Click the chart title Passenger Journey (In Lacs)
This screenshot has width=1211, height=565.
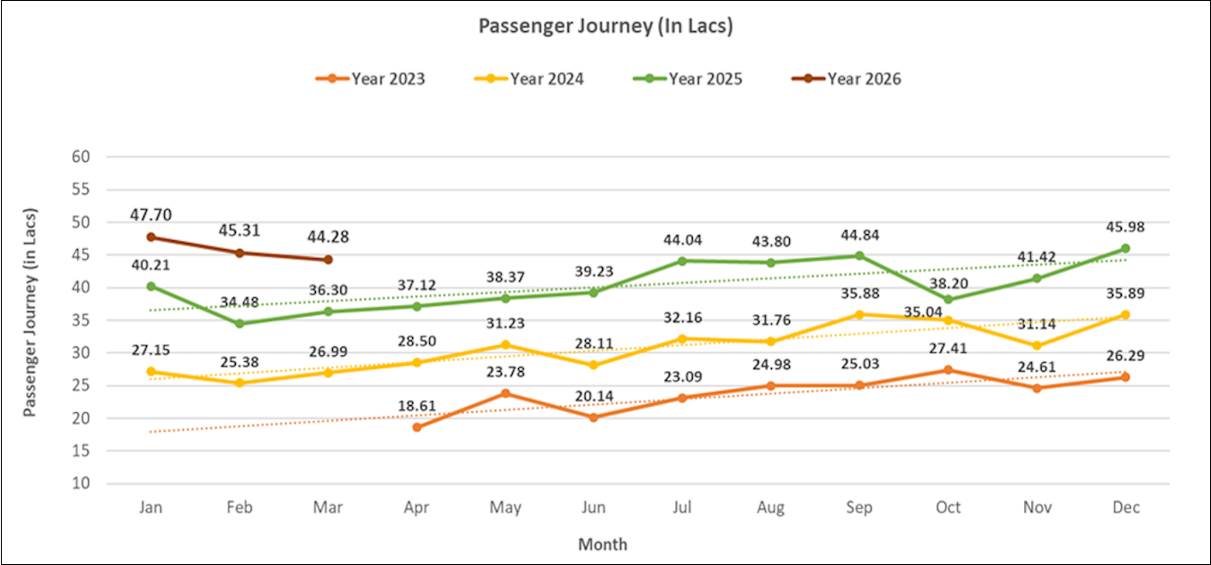pyautogui.click(x=605, y=26)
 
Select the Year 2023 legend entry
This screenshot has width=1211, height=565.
pyautogui.click(x=370, y=79)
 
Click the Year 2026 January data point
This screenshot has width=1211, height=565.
pyautogui.click(x=151, y=237)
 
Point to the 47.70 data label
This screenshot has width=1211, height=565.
pyautogui.click(x=151, y=214)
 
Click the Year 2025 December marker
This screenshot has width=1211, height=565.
pyautogui.click(x=1126, y=248)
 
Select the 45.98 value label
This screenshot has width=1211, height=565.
pyautogui.click(x=1126, y=227)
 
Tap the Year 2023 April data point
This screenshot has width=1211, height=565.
pyautogui.click(x=417, y=427)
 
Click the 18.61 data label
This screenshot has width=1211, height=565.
pyautogui.click(x=417, y=406)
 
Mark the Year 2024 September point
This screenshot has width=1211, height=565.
pyautogui.click(x=859, y=314)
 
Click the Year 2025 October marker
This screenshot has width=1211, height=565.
pyautogui.click(x=948, y=299)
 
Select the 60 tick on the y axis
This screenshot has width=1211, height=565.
pyautogui.click(x=82, y=157)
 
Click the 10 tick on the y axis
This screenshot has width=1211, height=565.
pyautogui.click(x=82, y=483)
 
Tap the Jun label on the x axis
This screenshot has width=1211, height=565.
pyautogui.click(x=594, y=508)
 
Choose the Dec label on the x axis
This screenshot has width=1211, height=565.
pyautogui.click(x=1126, y=508)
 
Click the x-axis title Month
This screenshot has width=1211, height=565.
pyautogui.click(x=603, y=544)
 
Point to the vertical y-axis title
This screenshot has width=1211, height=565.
pyautogui.click(x=30, y=319)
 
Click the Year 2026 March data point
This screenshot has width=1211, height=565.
pyautogui.click(x=328, y=260)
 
